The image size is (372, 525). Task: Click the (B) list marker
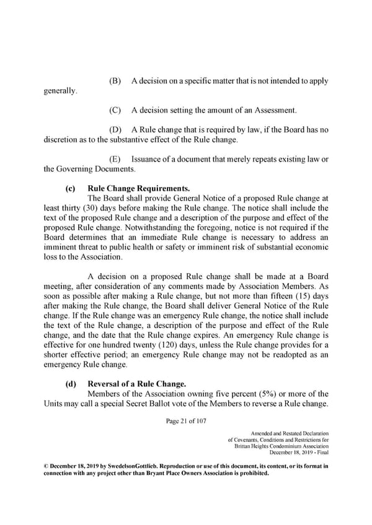[x=115, y=81]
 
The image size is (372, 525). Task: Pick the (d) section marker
[x=71, y=384]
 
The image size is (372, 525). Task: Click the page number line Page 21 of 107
[x=185, y=421]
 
